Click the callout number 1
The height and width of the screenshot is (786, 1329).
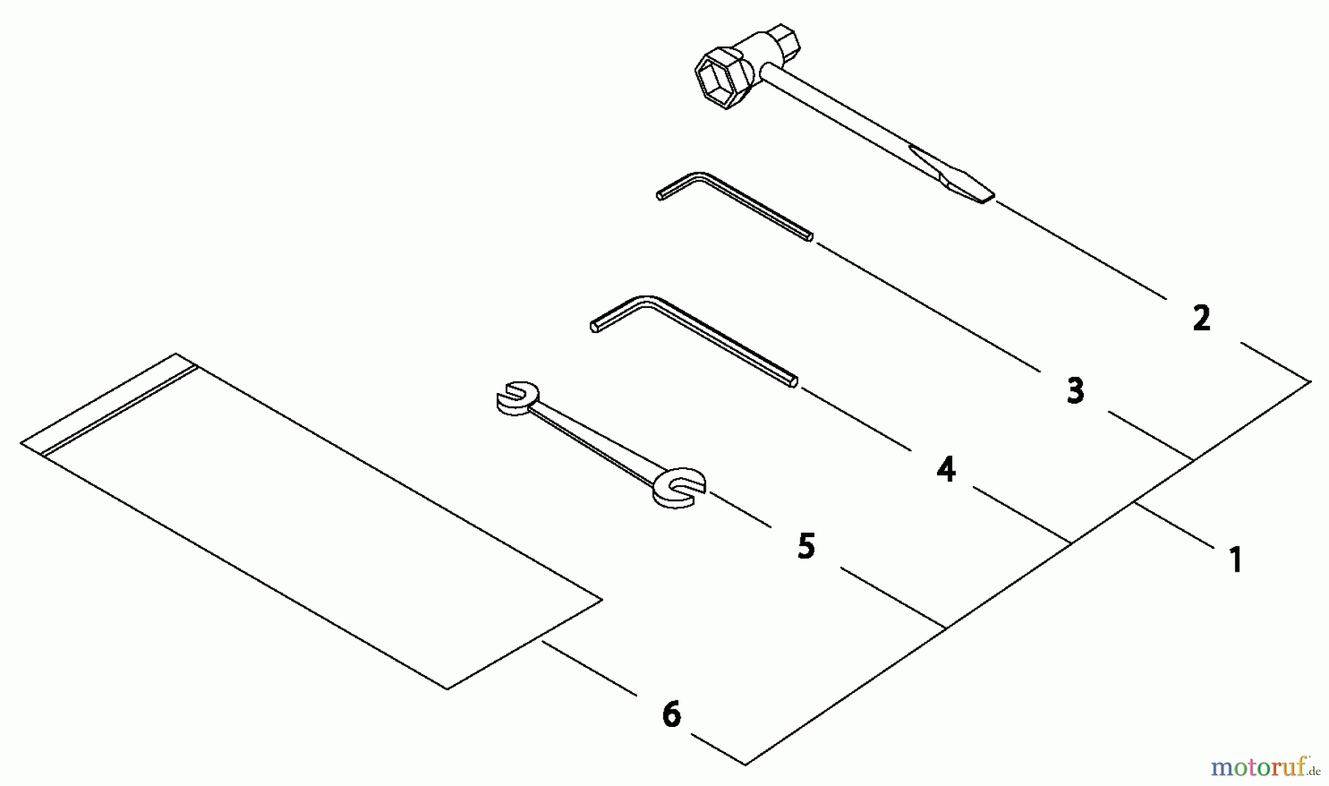(x=1235, y=559)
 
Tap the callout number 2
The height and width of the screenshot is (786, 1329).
(x=1201, y=318)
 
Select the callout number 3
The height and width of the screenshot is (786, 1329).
(x=1076, y=390)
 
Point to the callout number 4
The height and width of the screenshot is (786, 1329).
(x=946, y=469)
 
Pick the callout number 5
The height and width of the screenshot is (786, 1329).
(x=806, y=547)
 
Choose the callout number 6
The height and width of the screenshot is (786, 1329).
(x=671, y=714)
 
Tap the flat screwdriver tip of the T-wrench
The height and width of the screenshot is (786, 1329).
(x=952, y=174)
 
